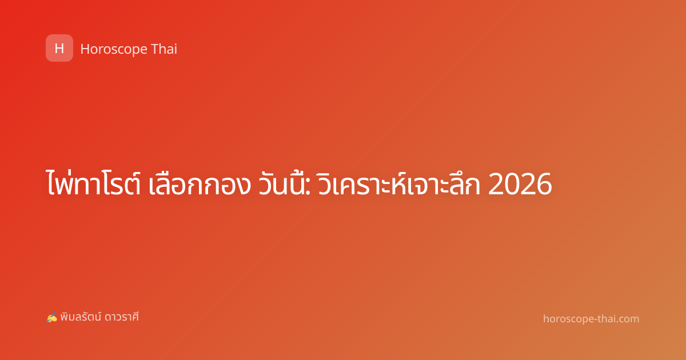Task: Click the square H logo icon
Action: pyautogui.click(x=59, y=48)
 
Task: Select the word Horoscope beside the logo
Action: pyautogui.click(x=114, y=49)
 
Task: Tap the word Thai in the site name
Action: pyautogui.click(x=164, y=49)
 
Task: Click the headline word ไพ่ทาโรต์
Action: pyautogui.click(x=93, y=182)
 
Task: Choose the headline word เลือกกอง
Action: pyautogui.click(x=200, y=183)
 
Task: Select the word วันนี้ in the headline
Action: pyautogui.click(x=281, y=183)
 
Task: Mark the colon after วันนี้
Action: pyautogui.click(x=308, y=187)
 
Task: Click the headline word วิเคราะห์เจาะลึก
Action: pyautogui.click(x=399, y=183)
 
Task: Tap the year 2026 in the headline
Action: pyautogui.click(x=520, y=184)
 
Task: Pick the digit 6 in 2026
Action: pyautogui.click(x=544, y=184)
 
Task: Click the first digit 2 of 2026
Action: pyautogui.click(x=496, y=184)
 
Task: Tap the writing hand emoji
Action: pyautogui.click(x=51, y=317)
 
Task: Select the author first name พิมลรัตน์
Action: pyautogui.click(x=81, y=317)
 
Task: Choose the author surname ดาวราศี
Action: pyautogui.click(x=122, y=317)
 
